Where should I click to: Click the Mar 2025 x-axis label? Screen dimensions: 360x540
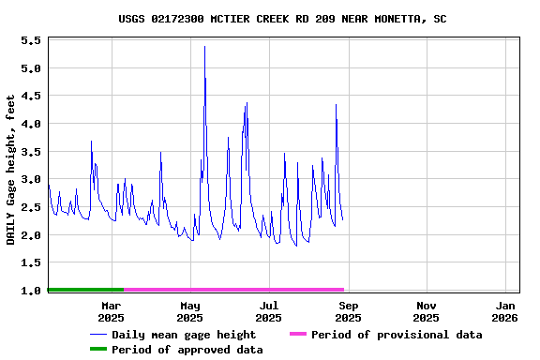click(111, 311)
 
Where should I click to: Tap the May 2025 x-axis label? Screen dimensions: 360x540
click(189, 311)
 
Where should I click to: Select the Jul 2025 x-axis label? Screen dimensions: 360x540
click(268, 311)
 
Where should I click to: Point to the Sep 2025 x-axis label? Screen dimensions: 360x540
click(348, 311)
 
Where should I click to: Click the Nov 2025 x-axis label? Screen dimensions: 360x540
click(427, 311)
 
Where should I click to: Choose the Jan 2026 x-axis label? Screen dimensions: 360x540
click(505, 311)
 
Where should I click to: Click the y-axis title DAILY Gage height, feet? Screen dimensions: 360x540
click(11, 170)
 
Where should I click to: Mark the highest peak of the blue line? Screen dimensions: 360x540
click(204, 47)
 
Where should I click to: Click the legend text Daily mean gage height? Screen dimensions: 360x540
click(184, 335)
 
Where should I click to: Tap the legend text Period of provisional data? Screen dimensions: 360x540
click(397, 335)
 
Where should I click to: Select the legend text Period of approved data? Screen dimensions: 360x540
click(187, 350)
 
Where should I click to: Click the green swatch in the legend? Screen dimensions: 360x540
click(98, 350)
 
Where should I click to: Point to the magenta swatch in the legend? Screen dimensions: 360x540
click(297, 335)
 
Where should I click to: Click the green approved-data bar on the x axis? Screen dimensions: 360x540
click(85, 290)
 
